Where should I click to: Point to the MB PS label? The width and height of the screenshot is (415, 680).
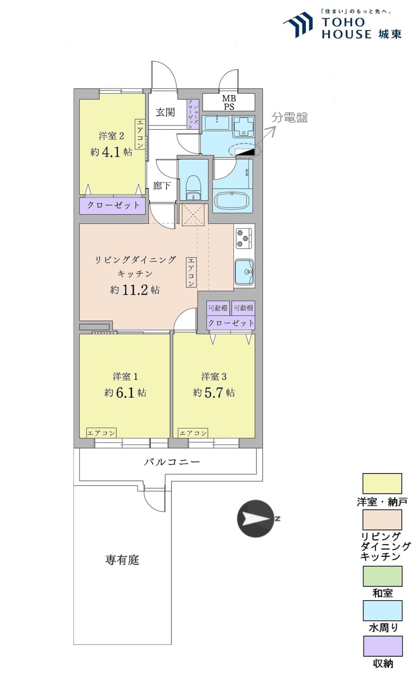pos(229,102)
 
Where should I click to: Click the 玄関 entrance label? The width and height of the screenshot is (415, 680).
pos(165,112)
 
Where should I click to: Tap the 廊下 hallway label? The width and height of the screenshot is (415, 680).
pos(161,185)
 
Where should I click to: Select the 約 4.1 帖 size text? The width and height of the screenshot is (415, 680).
pos(111,151)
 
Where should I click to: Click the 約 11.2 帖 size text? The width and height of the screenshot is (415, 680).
pos(134,290)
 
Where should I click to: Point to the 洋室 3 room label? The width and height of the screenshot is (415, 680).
pos(214,377)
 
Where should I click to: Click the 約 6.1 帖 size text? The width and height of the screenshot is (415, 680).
pos(125,392)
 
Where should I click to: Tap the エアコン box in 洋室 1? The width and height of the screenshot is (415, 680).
pos(101,433)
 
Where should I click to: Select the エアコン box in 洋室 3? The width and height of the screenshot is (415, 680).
pos(193,433)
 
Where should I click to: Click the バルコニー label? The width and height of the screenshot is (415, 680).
pos(172,462)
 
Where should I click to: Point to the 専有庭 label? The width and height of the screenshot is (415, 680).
pos(122,560)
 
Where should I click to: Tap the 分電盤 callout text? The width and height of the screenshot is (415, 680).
pos(290,117)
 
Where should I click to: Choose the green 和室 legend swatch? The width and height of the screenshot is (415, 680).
pos(383,576)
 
